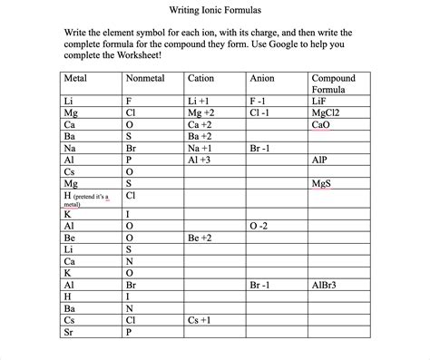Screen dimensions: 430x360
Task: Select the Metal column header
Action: pyautogui.click(x=76, y=78)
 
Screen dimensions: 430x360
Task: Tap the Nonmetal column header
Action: pyautogui.click(x=144, y=78)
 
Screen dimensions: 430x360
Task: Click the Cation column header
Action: pyautogui.click(x=200, y=78)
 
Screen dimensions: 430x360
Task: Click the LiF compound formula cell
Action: pyautogui.click(x=320, y=102)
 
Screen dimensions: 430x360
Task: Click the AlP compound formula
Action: pyautogui.click(x=319, y=158)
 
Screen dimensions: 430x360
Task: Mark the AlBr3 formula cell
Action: pyautogui.click(x=325, y=285)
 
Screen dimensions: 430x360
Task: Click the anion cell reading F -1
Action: pyautogui.click(x=259, y=102)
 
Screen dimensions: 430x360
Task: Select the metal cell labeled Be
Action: pyautogui.click(x=69, y=238)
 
